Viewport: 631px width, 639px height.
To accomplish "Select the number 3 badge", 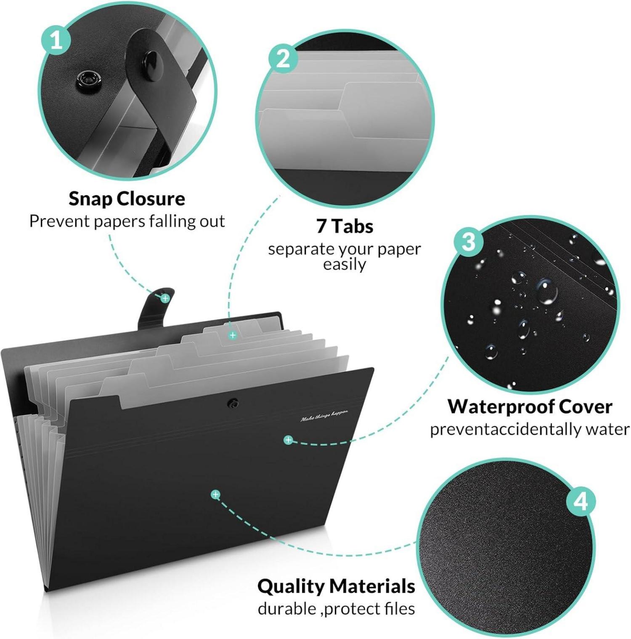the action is (x=469, y=242).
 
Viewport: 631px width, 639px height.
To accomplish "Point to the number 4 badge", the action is (x=581, y=502).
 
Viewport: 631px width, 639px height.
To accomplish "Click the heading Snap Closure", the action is (x=127, y=199).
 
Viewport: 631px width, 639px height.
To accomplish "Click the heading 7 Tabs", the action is (x=345, y=226).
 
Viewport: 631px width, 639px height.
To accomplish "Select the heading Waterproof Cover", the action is (x=530, y=406).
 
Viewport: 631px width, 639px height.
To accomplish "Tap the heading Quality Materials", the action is (x=336, y=586).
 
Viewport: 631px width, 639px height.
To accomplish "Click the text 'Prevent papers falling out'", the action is (x=127, y=222).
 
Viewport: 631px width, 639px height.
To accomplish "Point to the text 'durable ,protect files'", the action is (x=336, y=609).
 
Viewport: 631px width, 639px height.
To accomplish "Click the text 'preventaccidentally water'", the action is (x=530, y=429).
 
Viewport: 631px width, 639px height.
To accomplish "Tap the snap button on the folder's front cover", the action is (x=233, y=404).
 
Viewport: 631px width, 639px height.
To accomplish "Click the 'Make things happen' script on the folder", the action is (x=324, y=416).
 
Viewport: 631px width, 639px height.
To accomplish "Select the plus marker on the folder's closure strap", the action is (x=165, y=298).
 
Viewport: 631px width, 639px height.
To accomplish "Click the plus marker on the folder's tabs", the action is (x=233, y=335).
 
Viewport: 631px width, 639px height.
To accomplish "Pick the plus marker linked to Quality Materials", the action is (x=215, y=494).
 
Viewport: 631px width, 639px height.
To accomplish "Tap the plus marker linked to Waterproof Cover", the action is (x=288, y=440).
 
